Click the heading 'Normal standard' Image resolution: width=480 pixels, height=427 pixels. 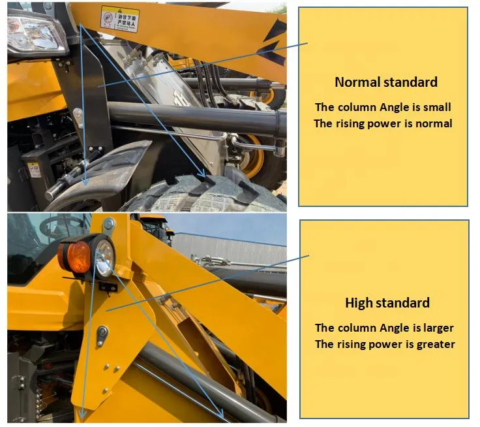pyautogui.click(x=385, y=82)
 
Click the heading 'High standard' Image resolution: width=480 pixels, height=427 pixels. pyautogui.click(x=387, y=303)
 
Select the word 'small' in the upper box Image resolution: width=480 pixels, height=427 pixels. pyautogui.click(x=436, y=107)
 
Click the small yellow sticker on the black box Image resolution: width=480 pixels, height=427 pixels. pyautogui.click(x=33, y=170)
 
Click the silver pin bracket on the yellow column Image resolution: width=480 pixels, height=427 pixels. pyautogui.click(x=102, y=336)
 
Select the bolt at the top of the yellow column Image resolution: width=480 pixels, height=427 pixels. pyautogui.click(x=108, y=225)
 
